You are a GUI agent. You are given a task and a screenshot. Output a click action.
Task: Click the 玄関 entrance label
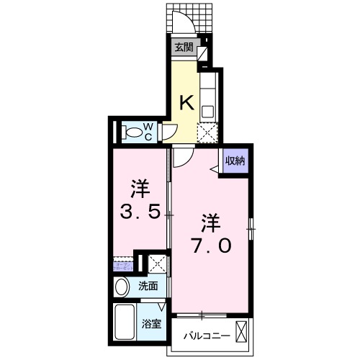pos(184,48)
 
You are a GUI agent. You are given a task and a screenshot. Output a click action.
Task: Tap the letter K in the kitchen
pos(186,103)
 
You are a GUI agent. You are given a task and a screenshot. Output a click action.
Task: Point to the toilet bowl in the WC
pos(132,132)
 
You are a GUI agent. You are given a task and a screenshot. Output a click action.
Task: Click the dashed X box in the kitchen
pos(207,132)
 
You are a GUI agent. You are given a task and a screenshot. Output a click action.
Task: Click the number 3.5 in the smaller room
pos(140,202)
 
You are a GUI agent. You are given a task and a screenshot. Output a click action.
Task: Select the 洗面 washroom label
pos(148,286)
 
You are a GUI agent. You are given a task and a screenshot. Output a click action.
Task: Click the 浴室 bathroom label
pos(151,324)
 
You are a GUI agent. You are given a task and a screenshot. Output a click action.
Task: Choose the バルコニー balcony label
pos(207,336)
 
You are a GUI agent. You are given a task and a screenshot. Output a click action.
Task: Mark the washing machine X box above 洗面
pos(157,264)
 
